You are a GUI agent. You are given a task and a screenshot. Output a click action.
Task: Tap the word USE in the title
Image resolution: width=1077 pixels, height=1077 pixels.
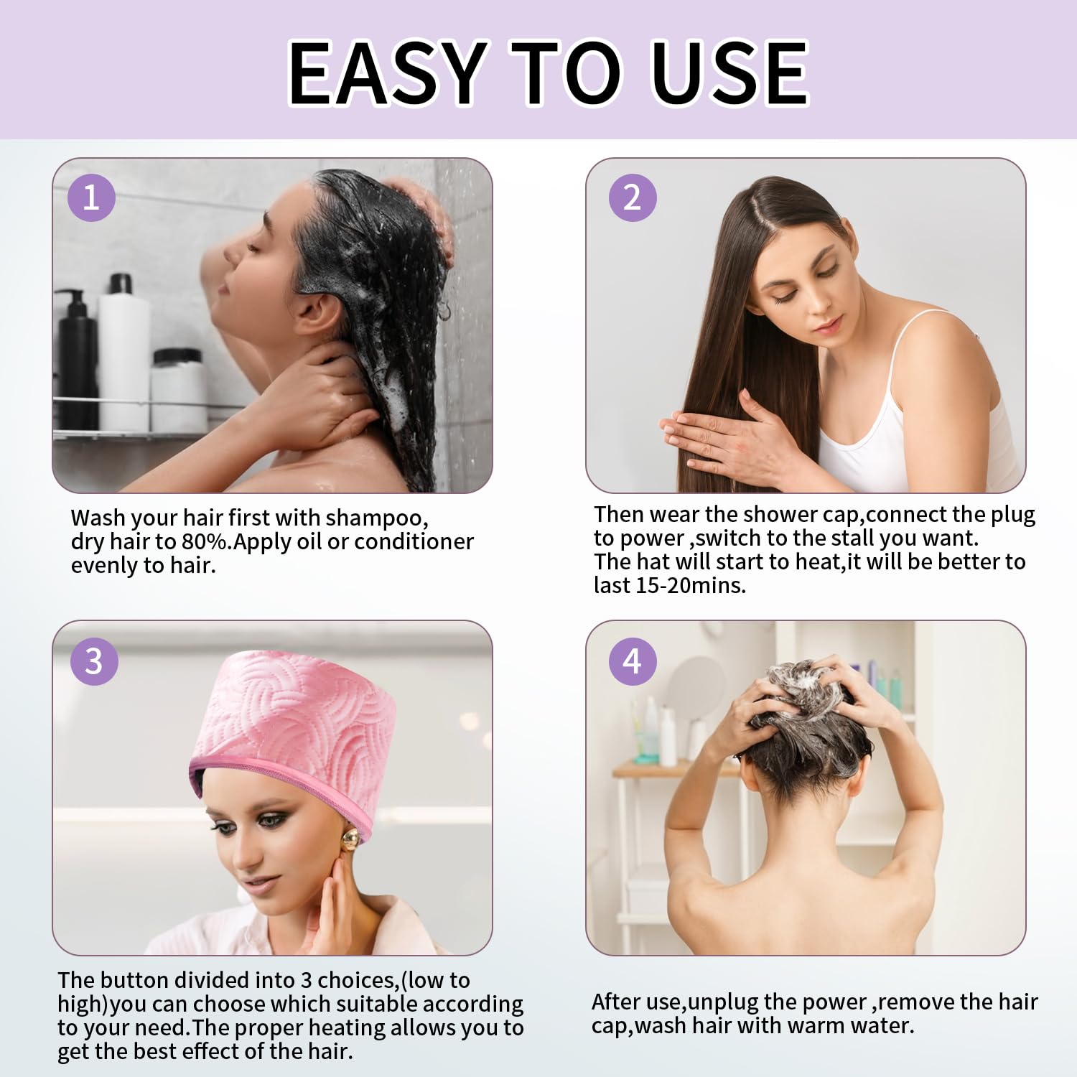coord(728,73)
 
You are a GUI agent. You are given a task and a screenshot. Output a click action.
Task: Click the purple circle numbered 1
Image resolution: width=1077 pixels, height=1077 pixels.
coord(91,197)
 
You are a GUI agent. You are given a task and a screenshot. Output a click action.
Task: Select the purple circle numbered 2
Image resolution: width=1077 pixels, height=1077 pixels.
coord(633,197)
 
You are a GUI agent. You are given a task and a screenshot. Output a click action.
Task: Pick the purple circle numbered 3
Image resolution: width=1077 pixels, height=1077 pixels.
coord(94,661)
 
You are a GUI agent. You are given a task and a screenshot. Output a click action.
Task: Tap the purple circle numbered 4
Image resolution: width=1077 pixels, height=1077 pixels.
coord(633,661)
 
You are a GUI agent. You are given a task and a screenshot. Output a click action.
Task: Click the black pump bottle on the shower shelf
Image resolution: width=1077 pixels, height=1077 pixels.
coord(75,359)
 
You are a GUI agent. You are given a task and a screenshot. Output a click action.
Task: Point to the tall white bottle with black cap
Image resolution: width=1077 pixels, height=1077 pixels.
coord(123,352)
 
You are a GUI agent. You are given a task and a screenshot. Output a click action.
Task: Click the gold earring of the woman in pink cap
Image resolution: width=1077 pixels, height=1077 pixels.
coord(350,839)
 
